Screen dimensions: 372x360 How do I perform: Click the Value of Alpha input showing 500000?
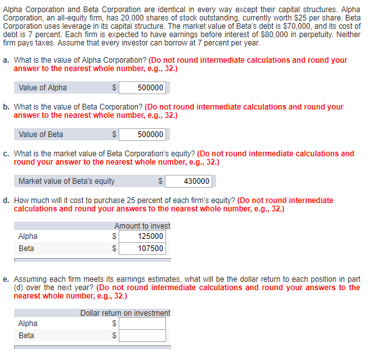(142, 88)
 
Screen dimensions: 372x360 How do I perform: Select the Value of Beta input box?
(142, 134)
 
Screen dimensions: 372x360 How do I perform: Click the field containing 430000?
(189, 181)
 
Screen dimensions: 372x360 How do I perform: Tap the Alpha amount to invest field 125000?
(142, 236)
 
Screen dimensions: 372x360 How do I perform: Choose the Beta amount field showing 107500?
(142, 248)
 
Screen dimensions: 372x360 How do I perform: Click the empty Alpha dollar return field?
(142, 323)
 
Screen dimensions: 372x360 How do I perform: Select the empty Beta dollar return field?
(142, 335)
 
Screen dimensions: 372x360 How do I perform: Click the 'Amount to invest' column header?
(142, 226)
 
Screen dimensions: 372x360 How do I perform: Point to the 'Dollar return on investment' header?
(125, 313)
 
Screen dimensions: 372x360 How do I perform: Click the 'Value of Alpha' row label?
(42, 88)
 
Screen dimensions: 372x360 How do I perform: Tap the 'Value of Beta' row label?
(41, 134)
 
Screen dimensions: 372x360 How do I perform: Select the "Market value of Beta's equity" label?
(67, 181)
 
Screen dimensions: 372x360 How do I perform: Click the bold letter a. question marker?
(6, 60)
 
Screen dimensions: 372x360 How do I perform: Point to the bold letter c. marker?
(6, 154)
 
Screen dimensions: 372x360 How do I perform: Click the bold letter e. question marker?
(6, 279)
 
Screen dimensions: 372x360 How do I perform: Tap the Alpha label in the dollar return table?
(28, 323)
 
